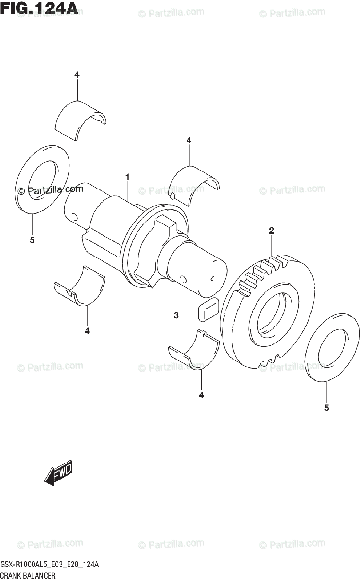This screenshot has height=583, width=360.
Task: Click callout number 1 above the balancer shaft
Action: coord(127,178)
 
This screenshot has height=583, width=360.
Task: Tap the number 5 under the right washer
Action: coord(326,408)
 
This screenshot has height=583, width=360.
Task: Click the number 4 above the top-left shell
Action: coord(77,74)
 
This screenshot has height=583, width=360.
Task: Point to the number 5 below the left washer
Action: coord(32,240)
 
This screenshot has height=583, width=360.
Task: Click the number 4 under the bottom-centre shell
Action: coord(201,395)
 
